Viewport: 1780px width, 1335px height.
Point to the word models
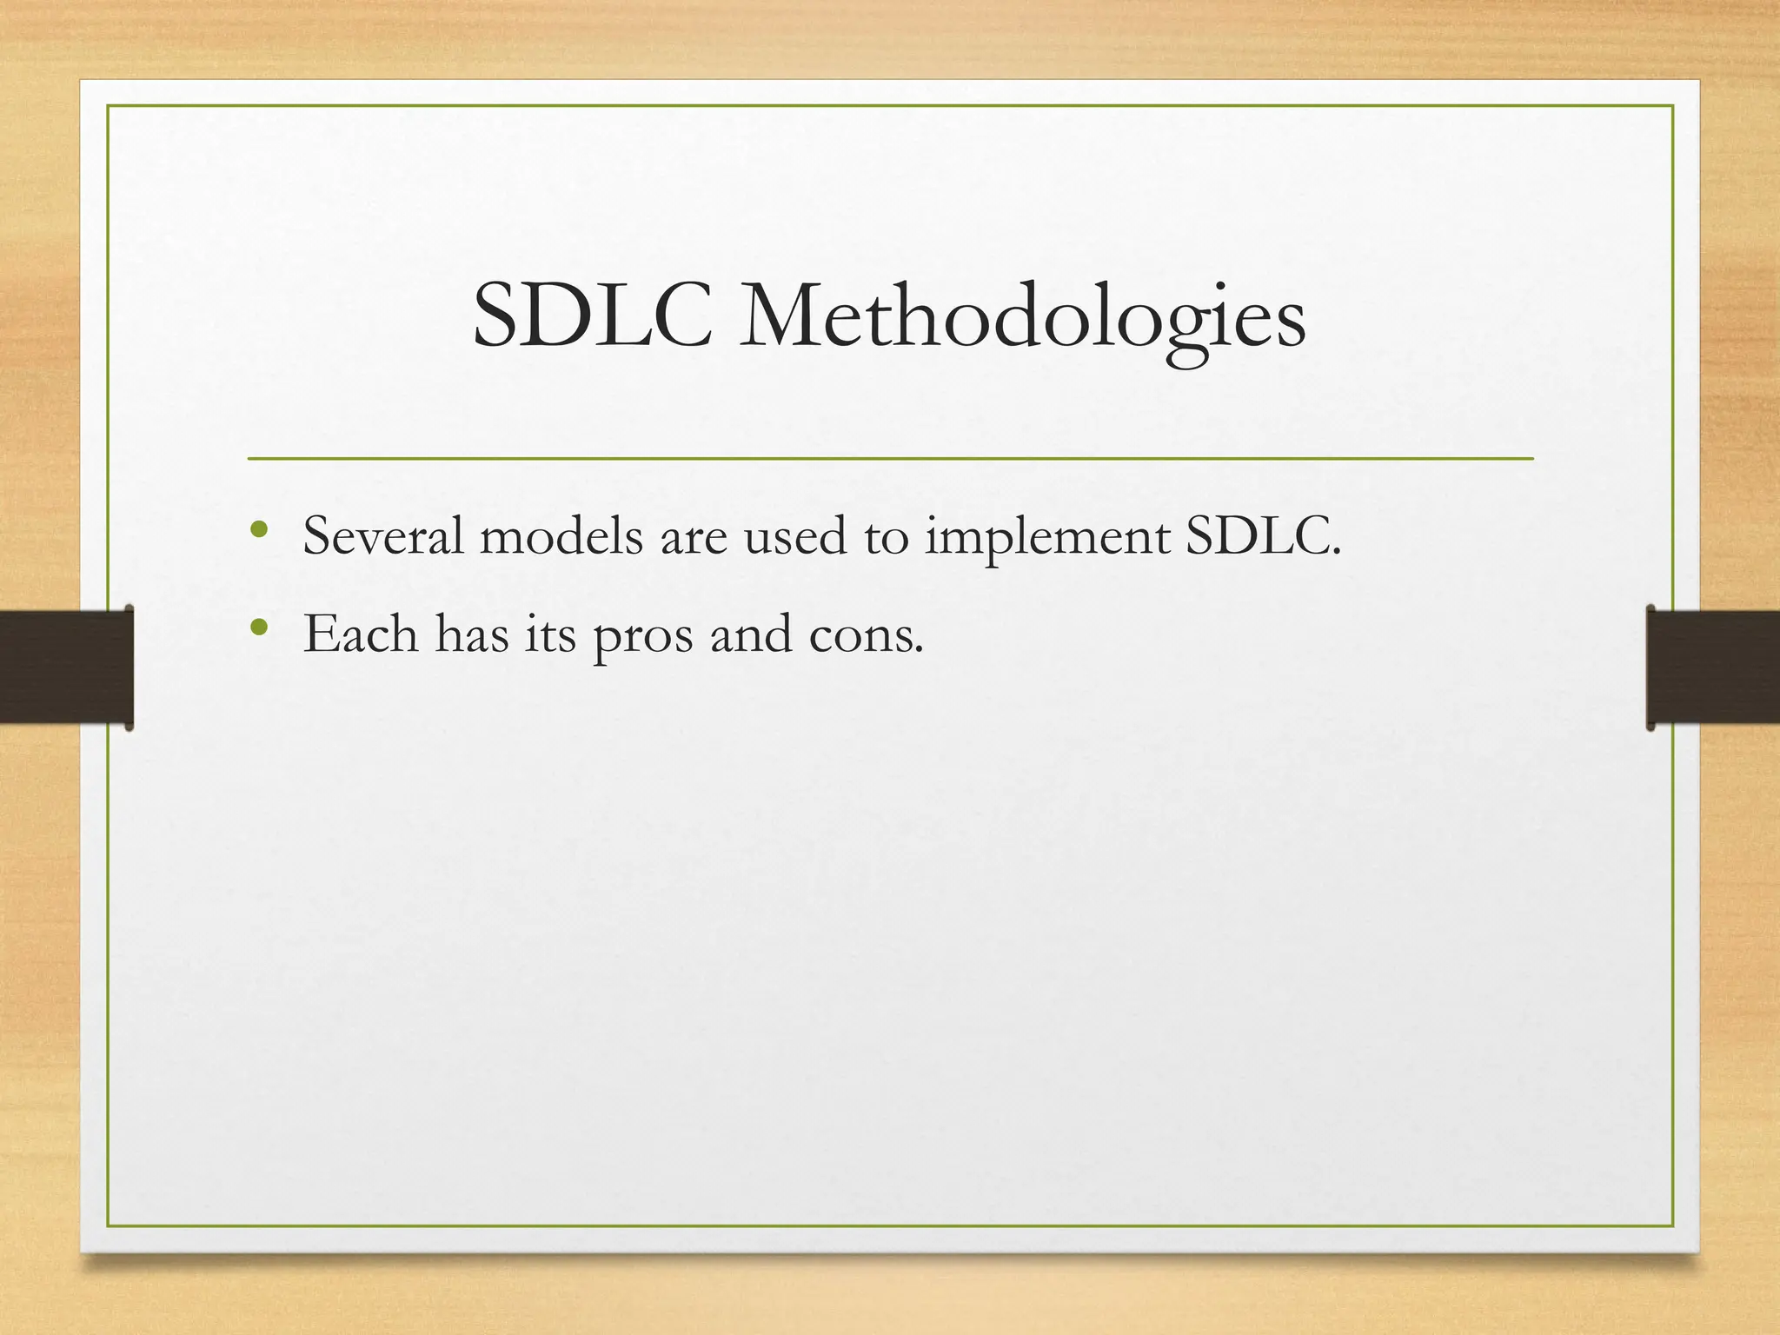coord(561,536)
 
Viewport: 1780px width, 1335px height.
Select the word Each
coord(361,634)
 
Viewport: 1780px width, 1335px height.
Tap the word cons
coord(866,635)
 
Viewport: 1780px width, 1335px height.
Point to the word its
coord(550,634)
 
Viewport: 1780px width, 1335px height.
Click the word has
coord(472,634)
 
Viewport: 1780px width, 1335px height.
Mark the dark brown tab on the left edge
coord(66,667)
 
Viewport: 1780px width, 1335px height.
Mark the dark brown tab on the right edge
coord(1713,667)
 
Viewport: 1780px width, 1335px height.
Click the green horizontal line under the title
coord(890,458)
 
